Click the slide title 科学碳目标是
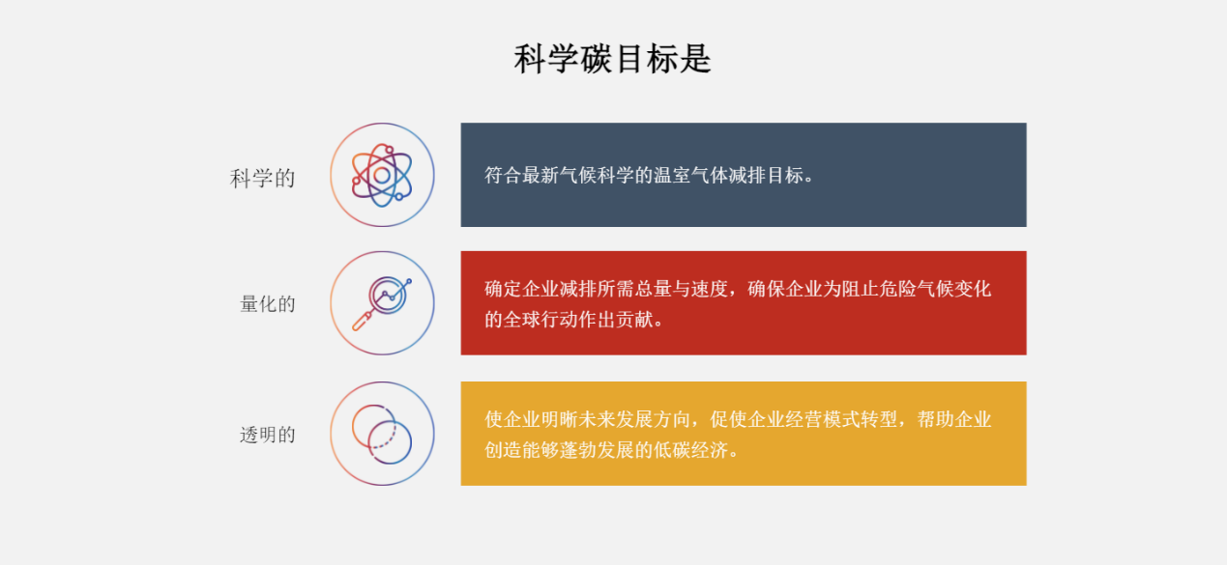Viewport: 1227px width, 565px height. click(x=613, y=59)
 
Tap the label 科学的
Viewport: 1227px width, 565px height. click(x=262, y=179)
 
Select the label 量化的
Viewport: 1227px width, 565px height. click(x=268, y=304)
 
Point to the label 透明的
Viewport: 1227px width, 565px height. click(x=268, y=435)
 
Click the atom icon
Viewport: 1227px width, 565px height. click(x=382, y=175)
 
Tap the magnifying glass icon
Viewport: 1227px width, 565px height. click(x=382, y=303)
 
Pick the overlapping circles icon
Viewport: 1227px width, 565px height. click(x=382, y=435)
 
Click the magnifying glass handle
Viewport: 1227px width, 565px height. click(x=362, y=321)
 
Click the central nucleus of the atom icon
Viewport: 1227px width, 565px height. click(x=382, y=176)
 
